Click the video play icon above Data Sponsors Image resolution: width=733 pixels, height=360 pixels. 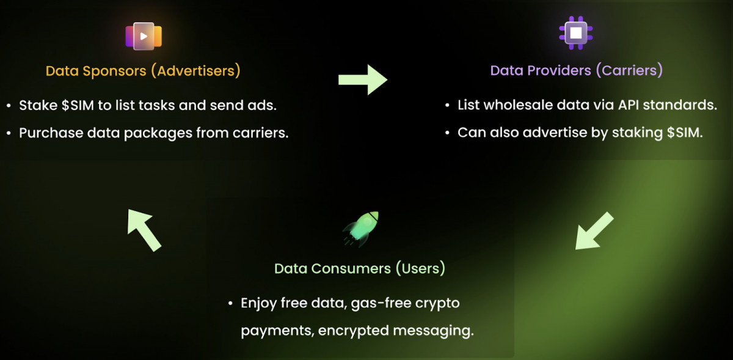[x=144, y=36]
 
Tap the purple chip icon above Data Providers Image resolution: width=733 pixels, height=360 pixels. [x=576, y=33]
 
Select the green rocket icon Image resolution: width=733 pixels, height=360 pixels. [x=360, y=229]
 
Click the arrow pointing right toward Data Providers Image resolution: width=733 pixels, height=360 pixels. [x=363, y=79]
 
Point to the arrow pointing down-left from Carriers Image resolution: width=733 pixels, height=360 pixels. [x=594, y=231]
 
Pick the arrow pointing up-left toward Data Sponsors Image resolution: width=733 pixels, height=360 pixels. [x=144, y=230]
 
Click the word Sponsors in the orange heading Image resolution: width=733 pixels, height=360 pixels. [x=114, y=71]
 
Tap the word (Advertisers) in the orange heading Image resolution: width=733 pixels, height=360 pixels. [x=195, y=71]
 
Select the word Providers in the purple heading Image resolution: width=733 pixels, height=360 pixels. [x=559, y=71]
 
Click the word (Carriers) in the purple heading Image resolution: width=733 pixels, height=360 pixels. [x=629, y=70]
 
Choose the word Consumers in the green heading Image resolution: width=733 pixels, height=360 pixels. [x=351, y=268]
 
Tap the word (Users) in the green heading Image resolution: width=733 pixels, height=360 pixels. [x=420, y=268]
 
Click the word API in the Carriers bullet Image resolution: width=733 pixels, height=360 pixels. [x=628, y=105]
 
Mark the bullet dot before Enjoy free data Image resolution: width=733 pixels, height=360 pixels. [x=230, y=303]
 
